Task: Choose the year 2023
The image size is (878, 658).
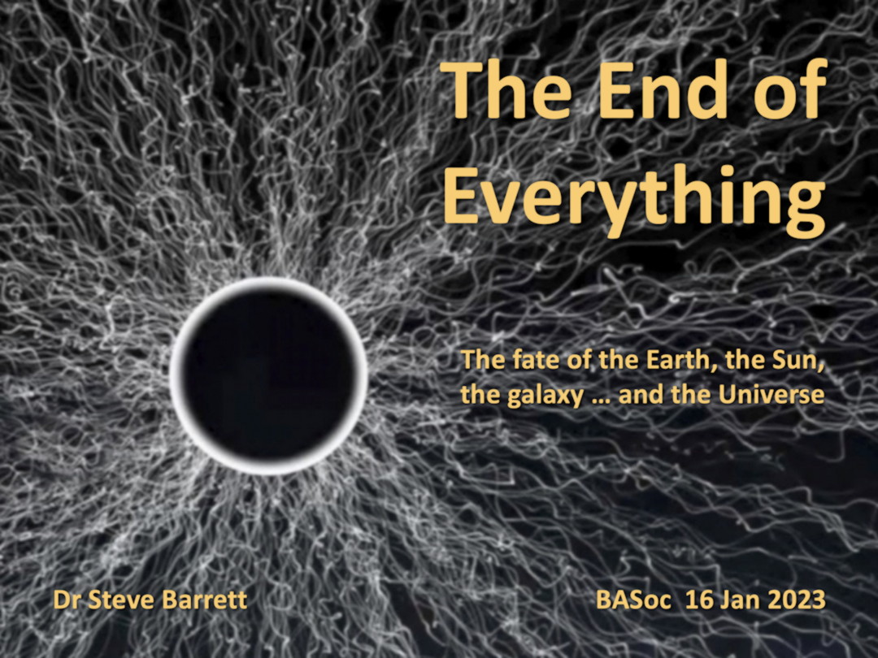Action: pyautogui.click(x=797, y=600)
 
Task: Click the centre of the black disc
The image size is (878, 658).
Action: pyautogui.click(x=269, y=375)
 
